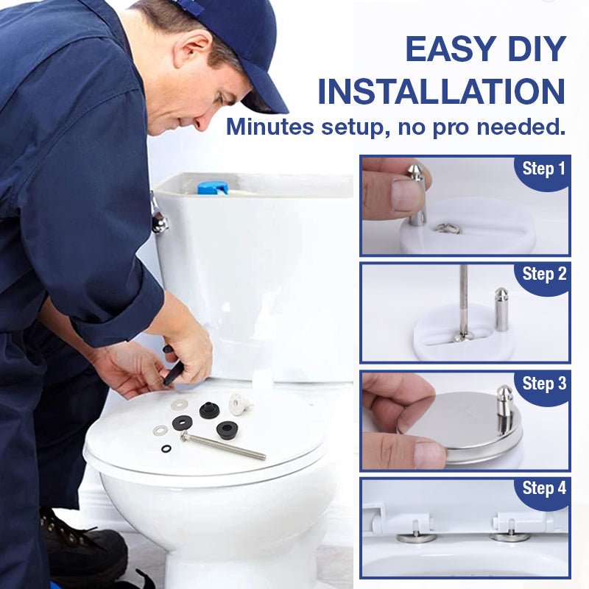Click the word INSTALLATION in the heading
tap(442, 92)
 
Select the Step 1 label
tap(543, 169)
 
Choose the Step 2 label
tap(543, 275)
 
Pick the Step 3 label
tap(543, 384)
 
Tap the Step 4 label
tap(543, 488)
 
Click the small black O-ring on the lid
tap(166, 447)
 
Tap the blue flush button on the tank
tap(213, 188)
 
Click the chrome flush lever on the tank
tap(158, 216)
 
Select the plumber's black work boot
tap(81, 545)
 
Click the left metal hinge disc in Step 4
tap(416, 537)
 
